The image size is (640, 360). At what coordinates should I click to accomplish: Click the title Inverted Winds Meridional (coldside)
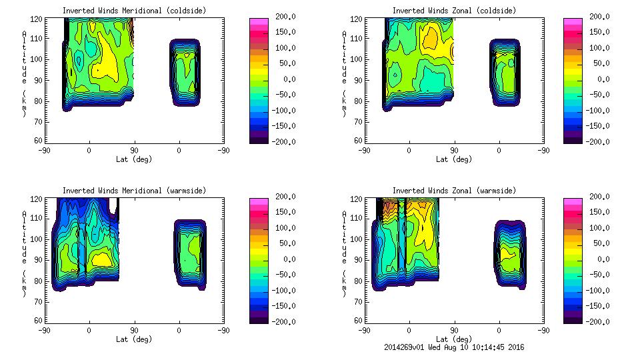tap(134, 11)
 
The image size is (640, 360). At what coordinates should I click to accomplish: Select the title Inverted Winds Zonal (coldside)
tap(454, 11)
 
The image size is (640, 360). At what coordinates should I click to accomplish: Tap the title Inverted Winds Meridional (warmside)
tap(134, 191)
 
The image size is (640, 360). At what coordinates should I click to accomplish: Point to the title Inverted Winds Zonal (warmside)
tap(454, 191)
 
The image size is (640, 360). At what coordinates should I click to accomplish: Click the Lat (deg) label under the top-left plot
tap(134, 159)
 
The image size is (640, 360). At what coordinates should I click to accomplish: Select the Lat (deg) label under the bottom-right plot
tap(454, 339)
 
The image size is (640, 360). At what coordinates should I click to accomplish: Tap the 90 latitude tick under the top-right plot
tap(454, 151)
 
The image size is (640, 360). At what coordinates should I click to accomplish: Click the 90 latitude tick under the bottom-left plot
tap(134, 330)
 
